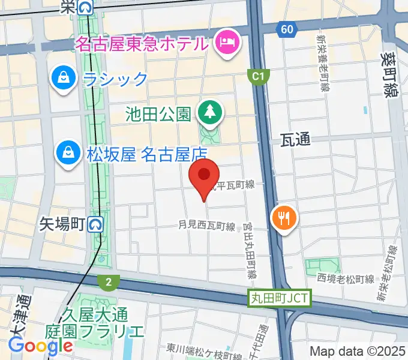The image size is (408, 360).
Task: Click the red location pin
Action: coord(204,175)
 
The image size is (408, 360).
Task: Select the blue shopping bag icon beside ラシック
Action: coord(62,79)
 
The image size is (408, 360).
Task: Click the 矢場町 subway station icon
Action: coord(95,224)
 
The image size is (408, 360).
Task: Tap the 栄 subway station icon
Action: coord(86,7)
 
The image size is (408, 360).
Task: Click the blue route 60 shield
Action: coord(286,29)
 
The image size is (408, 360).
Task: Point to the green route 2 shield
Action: coord(109,282)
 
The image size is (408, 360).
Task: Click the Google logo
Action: coord(40,346)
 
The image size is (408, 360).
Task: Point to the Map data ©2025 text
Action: coord(358,351)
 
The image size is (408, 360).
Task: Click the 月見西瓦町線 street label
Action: coord(206,226)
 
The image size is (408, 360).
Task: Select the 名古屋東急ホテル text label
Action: coord(141,44)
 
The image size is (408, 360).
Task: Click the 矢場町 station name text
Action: coord(63,224)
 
